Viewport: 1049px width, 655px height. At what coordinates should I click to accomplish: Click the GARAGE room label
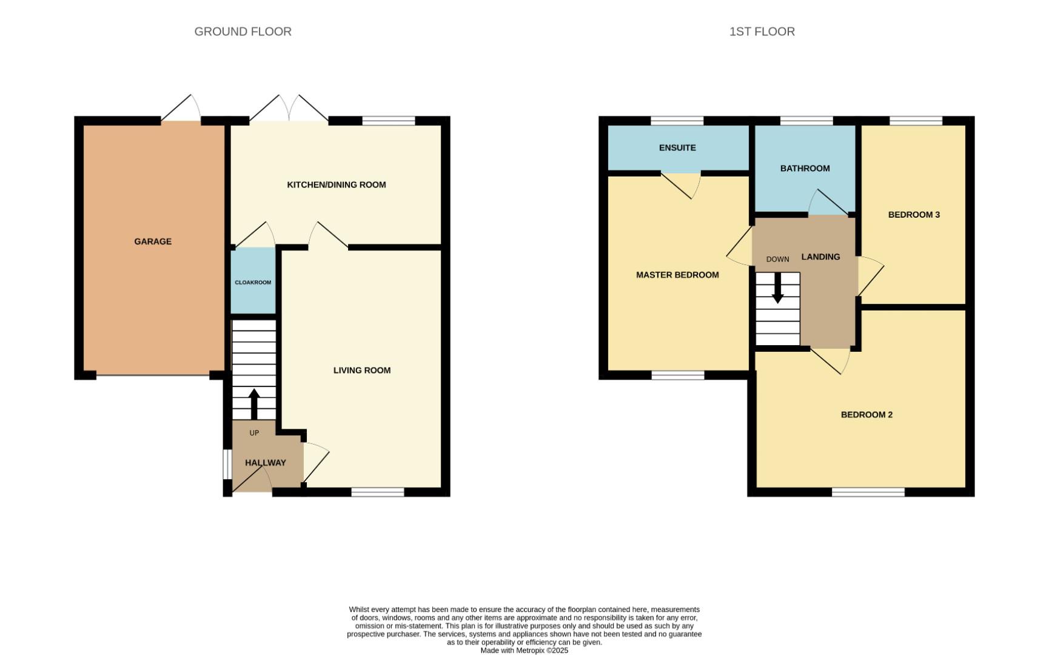tap(153, 241)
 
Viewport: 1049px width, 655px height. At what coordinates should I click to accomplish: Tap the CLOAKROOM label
tap(253, 283)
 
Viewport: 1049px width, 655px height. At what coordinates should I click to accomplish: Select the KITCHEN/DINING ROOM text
tap(336, 185)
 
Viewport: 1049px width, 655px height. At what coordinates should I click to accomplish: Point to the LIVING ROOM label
tap(361, 371)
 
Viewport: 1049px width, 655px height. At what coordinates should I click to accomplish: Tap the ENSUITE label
tap(677, 148)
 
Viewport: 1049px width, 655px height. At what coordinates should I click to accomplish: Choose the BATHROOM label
tap(805, 169)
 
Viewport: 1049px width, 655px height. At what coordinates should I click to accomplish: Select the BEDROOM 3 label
tap(913, 215)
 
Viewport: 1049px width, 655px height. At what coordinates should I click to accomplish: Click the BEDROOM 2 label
tap(866, 415)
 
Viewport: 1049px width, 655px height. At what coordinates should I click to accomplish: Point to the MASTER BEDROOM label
tap(677, 275)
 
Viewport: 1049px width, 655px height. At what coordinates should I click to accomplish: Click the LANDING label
tap(820, 257)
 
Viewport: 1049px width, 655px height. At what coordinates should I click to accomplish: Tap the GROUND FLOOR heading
tap(243, 32)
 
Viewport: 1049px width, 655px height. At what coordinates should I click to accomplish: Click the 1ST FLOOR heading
tap(762, 32)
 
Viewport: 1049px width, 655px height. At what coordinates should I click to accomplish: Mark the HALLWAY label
tap(265, 463)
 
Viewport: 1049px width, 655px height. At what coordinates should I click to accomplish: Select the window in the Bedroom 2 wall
tap(868, 492)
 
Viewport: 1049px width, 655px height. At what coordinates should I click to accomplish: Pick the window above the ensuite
tap(677, 120)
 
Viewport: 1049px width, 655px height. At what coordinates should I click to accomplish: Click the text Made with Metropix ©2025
tap(524, 650)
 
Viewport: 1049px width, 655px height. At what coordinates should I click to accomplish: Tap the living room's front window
tap(377, 492)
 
